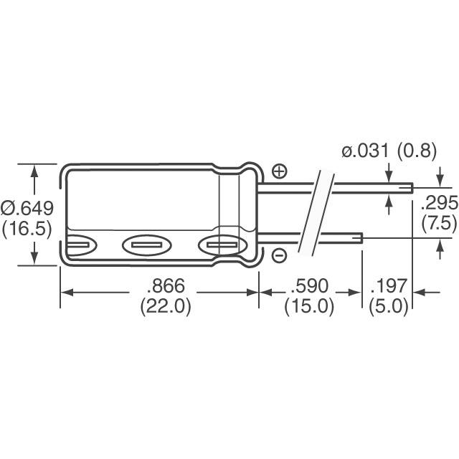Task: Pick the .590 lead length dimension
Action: point(309,286)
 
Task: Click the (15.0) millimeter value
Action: point(309,306)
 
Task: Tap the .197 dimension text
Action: point(388,286)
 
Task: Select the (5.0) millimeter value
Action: point(388,306)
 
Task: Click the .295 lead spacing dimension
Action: point(437,202)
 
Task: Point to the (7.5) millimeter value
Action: point(437,222)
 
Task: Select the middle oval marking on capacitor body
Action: point(148,246)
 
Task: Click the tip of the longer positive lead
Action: point(411,189)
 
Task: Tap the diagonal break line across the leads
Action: point(316,214)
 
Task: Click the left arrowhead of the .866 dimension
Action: point(65,293)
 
